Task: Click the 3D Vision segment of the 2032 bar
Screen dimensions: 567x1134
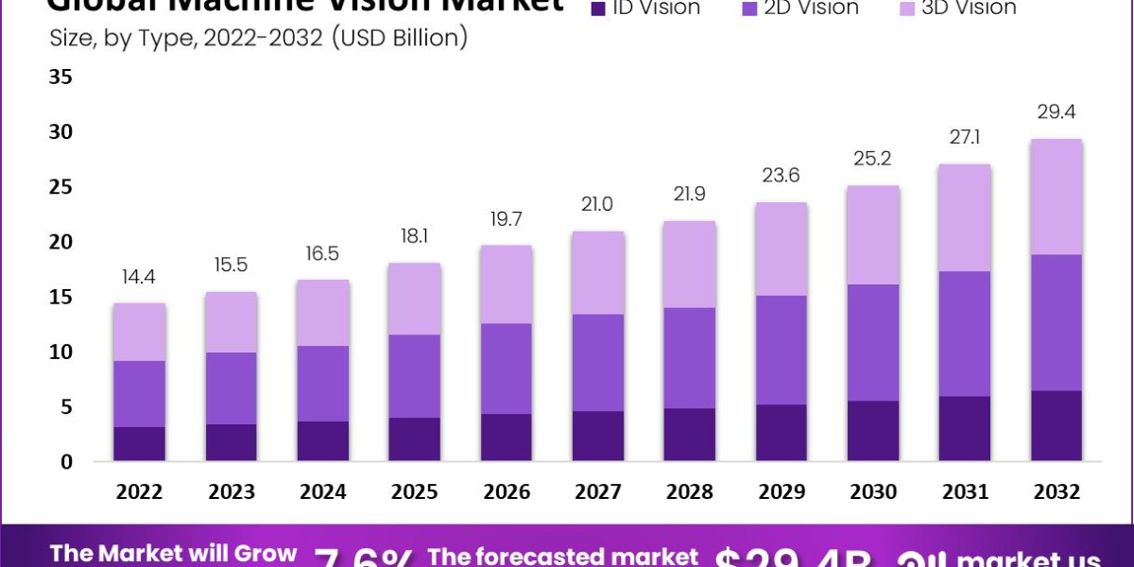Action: pos(1057,197)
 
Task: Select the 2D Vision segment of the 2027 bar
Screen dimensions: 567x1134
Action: pos(597,362)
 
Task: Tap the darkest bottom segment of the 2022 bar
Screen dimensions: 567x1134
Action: pos(140,443)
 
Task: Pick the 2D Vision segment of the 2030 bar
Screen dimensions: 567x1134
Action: pos(874,342)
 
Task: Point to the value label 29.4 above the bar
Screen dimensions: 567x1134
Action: pos(1057,112)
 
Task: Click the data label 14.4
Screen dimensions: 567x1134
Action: pos(140,279)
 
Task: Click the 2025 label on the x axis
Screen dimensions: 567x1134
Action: pos(415,492)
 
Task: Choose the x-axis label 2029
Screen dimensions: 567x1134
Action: pos(782,492)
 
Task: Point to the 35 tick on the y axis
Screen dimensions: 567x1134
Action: pos(60,77)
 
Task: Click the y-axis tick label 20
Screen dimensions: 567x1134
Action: pos(60,242)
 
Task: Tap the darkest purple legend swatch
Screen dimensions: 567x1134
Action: pos(597,9)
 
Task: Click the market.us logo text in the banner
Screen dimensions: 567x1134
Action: pos(1030,558)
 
